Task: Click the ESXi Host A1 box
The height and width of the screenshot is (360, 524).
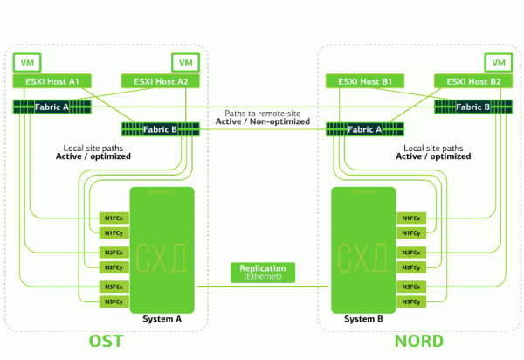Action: coord(52,82)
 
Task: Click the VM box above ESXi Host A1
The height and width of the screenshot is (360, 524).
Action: coord(26,63)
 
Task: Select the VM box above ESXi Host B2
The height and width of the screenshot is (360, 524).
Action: coord(497,63)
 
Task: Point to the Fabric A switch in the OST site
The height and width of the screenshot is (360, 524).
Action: coord(52,107)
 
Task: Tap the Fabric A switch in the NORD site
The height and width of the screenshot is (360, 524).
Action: coord(363,129)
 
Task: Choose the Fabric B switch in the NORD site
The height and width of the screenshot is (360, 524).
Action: coord(472,107)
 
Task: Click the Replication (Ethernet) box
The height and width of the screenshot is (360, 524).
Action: coord(263,272)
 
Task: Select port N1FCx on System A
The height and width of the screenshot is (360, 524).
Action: coord(113,218)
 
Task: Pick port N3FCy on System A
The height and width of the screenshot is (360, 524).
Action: coord(113,302)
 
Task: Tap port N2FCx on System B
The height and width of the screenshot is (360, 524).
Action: coord(411,253)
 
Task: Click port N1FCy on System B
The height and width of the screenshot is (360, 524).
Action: coord(411,233)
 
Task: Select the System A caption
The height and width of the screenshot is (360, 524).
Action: coord(162,319)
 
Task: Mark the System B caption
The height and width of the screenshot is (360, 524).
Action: coord(363,319)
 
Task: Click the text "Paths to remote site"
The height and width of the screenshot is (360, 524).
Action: coord(263,113)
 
